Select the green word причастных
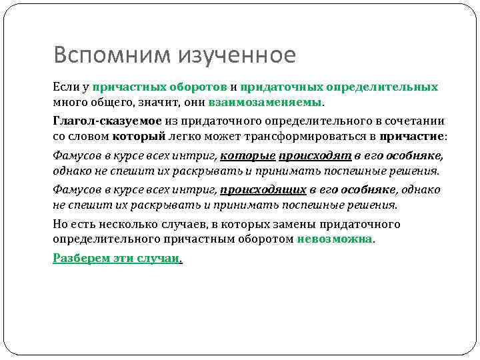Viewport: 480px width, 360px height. coord(129,87)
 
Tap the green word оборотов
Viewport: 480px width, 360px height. coord(198,87)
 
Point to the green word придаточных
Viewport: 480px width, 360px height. coord(281,87)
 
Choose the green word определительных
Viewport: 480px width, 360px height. coord(382,87)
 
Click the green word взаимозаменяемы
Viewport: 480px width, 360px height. coord(265,102)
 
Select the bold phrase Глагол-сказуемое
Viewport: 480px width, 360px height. coord(107,121)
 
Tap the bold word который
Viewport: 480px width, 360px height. coord(139,136)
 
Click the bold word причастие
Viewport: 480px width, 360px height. coord(411,136)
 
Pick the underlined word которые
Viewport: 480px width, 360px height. coord(247,156)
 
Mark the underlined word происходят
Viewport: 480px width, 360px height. coord(315,156)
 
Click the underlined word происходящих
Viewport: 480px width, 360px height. coord(263,190)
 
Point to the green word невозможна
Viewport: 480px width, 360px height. coord(335,239)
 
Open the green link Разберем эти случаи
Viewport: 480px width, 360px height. coord(116,258)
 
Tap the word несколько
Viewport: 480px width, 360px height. coord(133,225)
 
